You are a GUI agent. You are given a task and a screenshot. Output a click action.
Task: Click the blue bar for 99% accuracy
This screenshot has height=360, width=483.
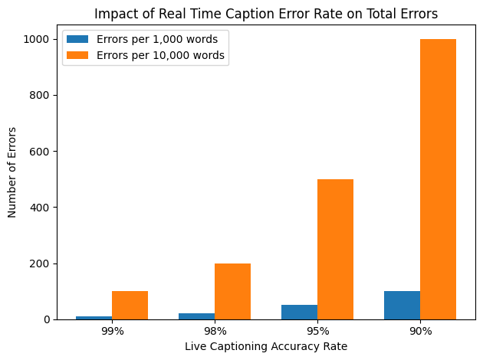[94, 317]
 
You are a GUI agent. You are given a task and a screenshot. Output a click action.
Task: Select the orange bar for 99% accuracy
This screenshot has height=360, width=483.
[130, 305]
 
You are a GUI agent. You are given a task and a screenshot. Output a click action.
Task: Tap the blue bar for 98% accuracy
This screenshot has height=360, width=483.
[197, 316]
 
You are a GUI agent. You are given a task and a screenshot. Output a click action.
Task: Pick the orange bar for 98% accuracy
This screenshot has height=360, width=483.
[232, 291]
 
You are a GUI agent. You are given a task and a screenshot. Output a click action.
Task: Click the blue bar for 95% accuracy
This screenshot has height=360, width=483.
[300, 312]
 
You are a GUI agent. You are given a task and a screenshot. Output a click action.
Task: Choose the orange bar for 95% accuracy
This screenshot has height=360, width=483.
[335, 249]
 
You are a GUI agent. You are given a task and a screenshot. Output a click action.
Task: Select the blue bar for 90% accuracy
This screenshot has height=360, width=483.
[402, 305]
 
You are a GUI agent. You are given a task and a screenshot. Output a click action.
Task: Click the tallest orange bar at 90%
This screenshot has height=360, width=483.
[438, 179]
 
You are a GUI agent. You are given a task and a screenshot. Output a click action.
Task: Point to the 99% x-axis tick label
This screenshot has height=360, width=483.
[112, 332]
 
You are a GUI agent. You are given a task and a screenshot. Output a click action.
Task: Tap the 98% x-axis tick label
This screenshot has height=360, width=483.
[215, 332]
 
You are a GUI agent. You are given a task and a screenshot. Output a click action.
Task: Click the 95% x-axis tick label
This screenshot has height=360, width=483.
[317, 332]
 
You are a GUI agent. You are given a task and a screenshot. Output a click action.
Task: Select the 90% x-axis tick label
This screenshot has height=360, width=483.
[420, 332]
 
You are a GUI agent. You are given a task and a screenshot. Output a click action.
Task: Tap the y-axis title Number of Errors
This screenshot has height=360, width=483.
[12, 173]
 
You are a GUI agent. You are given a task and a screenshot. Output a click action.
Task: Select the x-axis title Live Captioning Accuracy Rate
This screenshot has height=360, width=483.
[266, 347]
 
